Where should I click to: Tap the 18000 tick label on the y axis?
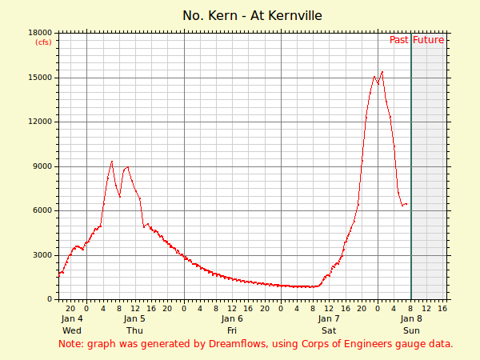40,33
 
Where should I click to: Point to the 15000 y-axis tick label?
40,78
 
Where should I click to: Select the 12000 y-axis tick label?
40,122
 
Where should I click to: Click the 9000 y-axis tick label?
42,166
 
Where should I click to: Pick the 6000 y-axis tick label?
42,210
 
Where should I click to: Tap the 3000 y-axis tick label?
42,255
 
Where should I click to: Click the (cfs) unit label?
42,42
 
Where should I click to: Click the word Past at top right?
399,40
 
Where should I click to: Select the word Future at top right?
429,40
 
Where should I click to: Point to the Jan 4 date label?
72,318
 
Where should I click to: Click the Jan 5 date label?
134,318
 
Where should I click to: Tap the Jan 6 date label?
232,318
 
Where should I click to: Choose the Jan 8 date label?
411,318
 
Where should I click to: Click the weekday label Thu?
134,330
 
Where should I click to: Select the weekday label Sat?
329,330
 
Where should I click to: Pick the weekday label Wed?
72,330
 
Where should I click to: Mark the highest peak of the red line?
382,72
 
